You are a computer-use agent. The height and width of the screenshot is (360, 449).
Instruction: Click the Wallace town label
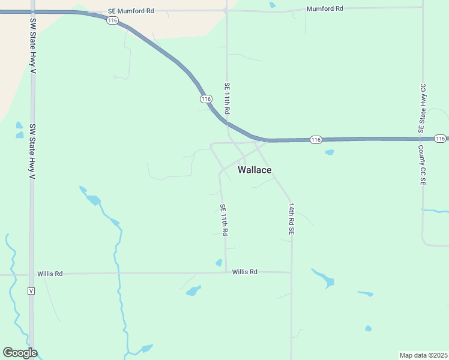tap(255, 170)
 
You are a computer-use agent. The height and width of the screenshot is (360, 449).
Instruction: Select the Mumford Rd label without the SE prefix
tap(324, 8)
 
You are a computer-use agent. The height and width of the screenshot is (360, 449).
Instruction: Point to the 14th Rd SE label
tap(291, 218)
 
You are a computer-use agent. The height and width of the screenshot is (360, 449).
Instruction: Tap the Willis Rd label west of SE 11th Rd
tap(50, 274)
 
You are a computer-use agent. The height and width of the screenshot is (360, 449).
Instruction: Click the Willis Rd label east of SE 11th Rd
tap(245, 272)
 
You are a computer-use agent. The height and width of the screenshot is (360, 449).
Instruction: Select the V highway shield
tap(32, 291)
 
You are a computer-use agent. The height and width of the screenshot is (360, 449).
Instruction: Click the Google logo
tap(20, 353)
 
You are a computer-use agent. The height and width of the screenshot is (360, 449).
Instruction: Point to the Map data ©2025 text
tap(423, 355)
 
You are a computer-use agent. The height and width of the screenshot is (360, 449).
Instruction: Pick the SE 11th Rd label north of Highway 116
tap(227, 99)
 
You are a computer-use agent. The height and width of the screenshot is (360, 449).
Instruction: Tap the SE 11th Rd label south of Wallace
tap(223, 220)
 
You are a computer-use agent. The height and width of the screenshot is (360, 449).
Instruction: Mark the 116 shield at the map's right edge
tap(440, 139)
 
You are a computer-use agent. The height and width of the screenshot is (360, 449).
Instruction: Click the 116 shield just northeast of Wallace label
tap(316, 140)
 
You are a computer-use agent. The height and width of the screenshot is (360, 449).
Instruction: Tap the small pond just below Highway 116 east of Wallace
tap(329, 152)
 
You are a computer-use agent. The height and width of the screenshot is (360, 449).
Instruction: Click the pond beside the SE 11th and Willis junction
tap(219, 263)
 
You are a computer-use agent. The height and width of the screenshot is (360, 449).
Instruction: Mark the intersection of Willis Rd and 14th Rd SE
tap(291, 272)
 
